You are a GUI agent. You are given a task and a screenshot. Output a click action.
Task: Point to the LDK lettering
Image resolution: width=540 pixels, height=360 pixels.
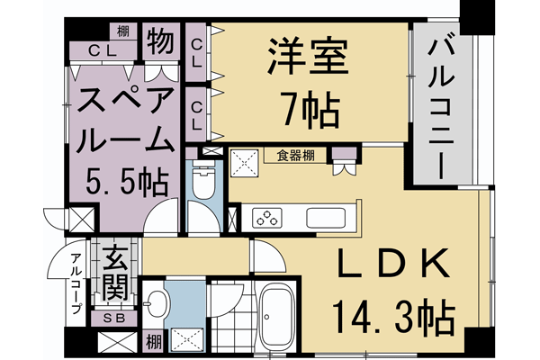pos(392,266)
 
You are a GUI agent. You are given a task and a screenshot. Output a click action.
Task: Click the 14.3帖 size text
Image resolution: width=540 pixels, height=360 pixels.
pos(392,316)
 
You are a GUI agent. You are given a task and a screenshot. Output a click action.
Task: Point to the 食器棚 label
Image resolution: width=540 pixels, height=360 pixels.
pos(295,155)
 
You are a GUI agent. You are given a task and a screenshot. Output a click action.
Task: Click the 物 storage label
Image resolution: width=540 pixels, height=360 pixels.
pos(161,42)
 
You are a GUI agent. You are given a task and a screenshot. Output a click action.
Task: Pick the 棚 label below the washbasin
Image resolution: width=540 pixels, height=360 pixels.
pos(154,342)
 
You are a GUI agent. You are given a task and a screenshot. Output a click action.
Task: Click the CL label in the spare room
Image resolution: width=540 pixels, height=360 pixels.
pos(100,50)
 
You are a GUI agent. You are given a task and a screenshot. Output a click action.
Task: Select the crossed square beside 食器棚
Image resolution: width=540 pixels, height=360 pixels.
pos(244,162)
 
